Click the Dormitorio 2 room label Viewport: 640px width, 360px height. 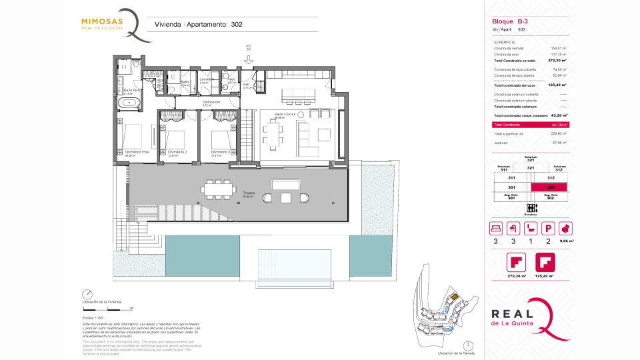click(x=177, y=153)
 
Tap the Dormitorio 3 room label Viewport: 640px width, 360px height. click(x=221, y=153)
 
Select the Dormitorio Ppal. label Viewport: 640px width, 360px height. click(x=137, y=153)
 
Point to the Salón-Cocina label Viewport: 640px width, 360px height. click(x=285, y=115)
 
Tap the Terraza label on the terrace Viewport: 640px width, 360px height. click(x=249, y=193)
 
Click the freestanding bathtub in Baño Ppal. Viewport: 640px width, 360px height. click(x=131, y=103)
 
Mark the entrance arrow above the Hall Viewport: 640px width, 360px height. click(x=248, y=61)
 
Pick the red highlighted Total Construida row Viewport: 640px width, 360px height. click(x=530, y=125)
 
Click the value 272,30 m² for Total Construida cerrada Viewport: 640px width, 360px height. click(x=557, y=61)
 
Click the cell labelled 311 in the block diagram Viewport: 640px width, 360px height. click(x=512, y=178)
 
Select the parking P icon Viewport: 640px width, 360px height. click(x=548, y=228)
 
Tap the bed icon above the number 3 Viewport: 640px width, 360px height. click(x=496, y=228)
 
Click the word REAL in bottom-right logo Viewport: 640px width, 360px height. click(x=511, y=314)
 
